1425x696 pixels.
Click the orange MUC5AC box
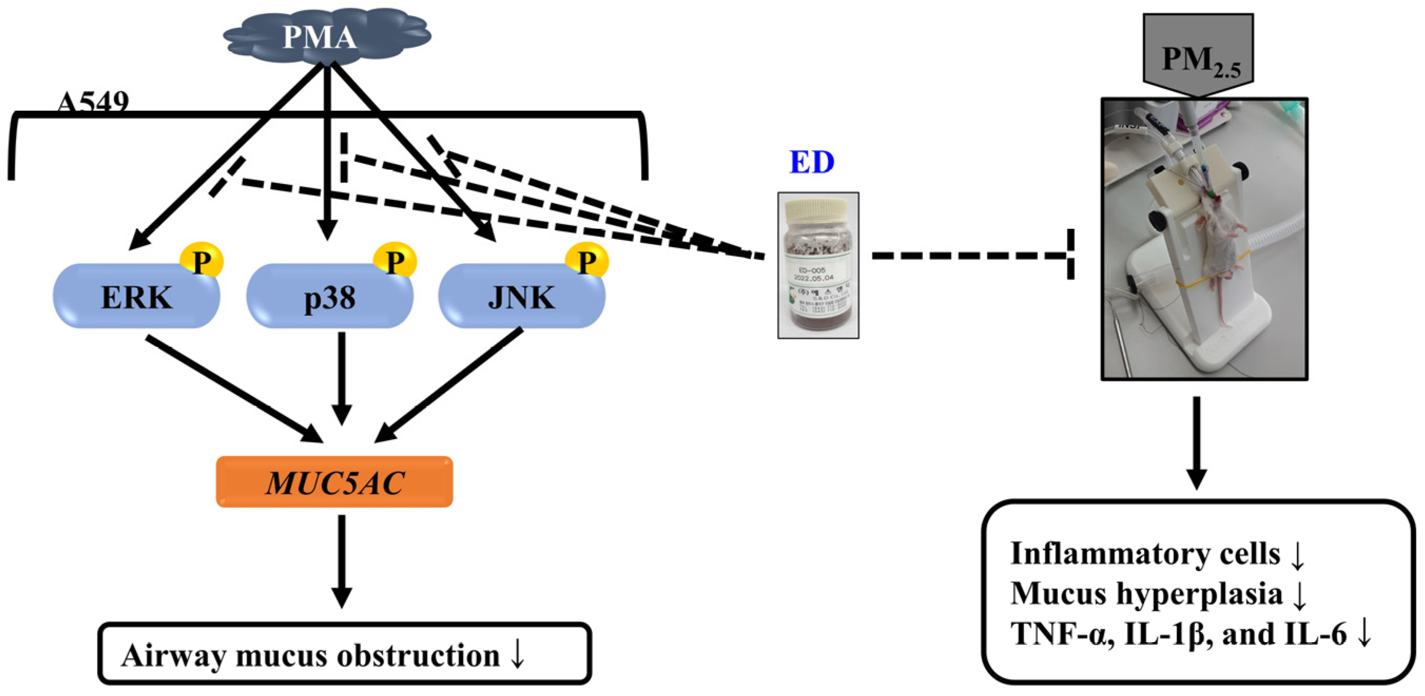(x=334, y=482)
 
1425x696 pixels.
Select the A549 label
(x=92, y=102)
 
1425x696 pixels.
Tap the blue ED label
(x=811, y=162)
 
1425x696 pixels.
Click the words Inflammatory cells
(x=1145, y=553)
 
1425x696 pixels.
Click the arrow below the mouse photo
(x=1197, y=442)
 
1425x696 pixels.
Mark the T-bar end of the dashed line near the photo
(x=1071, y=254)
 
